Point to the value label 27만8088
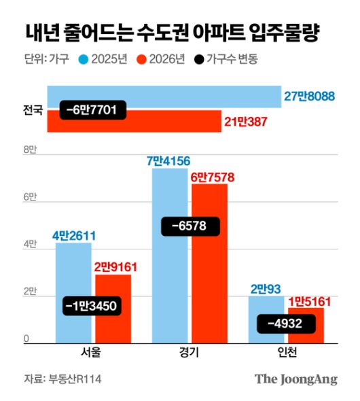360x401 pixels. [309, 97]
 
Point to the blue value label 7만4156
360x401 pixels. [168, 160]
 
